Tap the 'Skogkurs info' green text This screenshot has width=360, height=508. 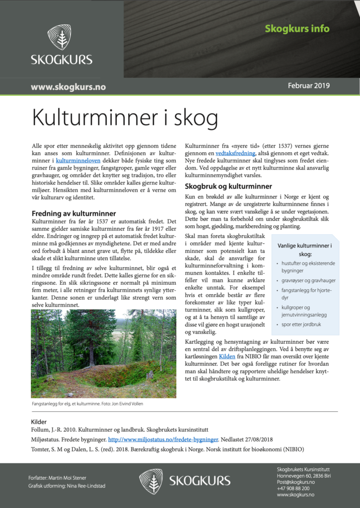tap(297, 28)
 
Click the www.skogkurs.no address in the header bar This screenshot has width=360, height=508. tap(68, 87)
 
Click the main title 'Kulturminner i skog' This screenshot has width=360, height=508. tap(125, 118)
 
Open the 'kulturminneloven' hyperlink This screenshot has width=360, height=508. tap(78, 161)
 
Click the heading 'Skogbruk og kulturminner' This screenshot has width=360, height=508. tap(228, 187)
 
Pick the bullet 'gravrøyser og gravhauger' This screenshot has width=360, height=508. tap(309, 280)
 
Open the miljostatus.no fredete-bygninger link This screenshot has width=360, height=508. tap(163, 440)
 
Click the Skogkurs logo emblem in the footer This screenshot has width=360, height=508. tap(151, 481)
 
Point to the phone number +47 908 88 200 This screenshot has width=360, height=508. tap(293, 488)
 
